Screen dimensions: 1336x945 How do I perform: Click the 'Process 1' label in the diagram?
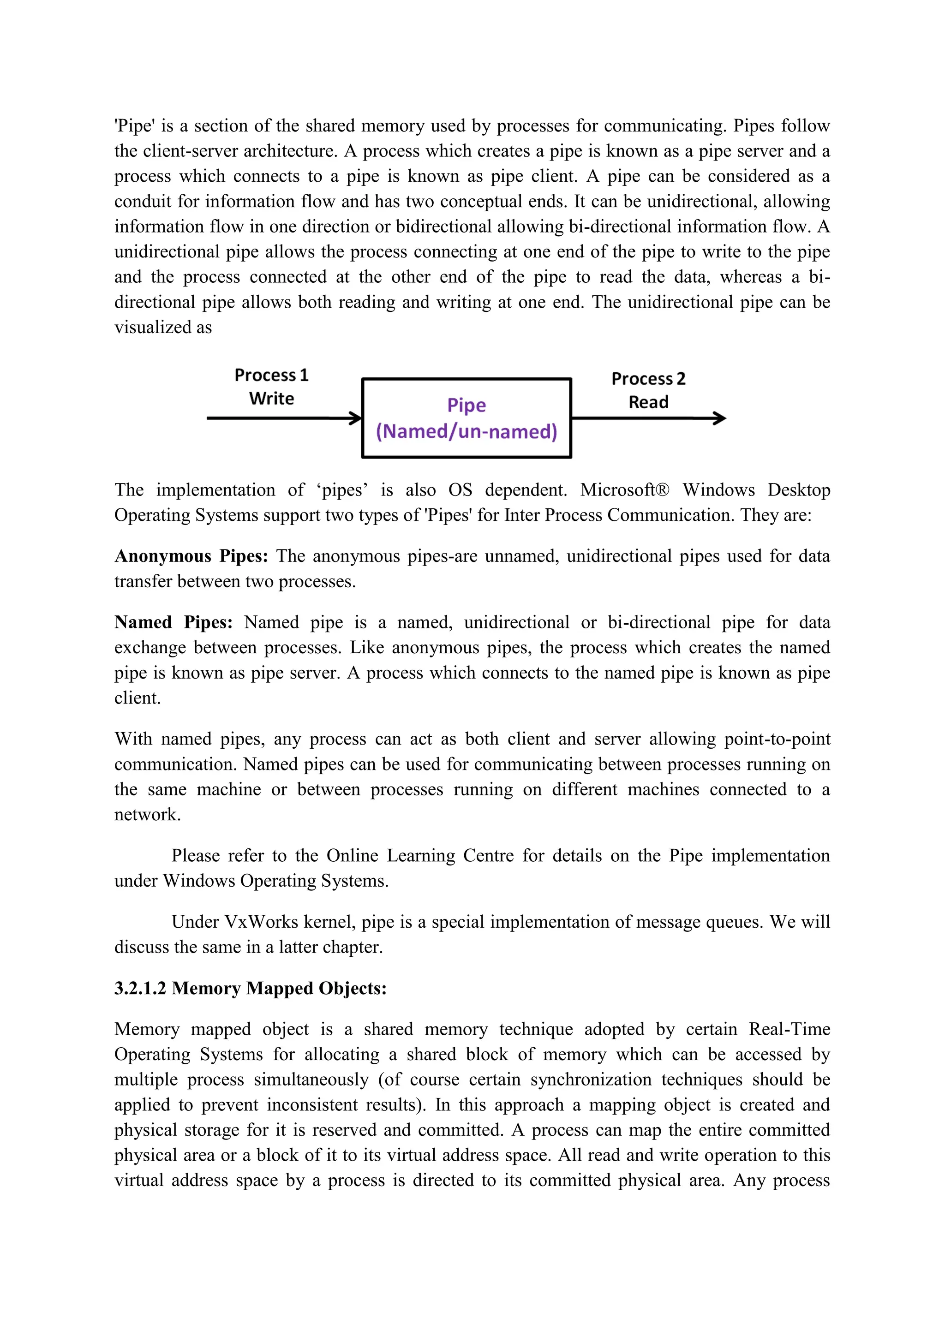[x=271, y=376]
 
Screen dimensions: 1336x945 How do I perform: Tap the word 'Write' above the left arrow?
[x=271, y=399]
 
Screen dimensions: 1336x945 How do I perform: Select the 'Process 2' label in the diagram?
[x=648, y=379]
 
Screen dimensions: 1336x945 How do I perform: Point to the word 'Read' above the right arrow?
[x=648, y=402]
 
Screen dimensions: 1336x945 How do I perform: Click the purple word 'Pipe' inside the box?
[x=466, y=405]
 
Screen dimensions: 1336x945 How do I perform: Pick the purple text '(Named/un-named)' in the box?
[x=466, y=432]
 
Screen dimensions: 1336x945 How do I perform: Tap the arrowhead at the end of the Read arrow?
[x=720, y=418]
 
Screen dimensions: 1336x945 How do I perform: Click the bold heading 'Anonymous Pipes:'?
[x=191, y=556]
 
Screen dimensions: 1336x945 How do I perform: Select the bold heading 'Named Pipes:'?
[x=173, y=623]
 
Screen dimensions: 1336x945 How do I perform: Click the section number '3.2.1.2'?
[x=140, y=988]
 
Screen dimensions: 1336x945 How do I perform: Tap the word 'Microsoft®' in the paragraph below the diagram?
[x=624, y=490]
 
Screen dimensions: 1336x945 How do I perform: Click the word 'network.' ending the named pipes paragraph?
[x=147, y=815]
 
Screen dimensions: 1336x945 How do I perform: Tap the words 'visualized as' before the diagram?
[x=163, y=328]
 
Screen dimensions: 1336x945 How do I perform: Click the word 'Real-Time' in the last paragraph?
[x=789, y=1029]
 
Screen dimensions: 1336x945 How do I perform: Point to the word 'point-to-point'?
[x=777, y=739]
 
